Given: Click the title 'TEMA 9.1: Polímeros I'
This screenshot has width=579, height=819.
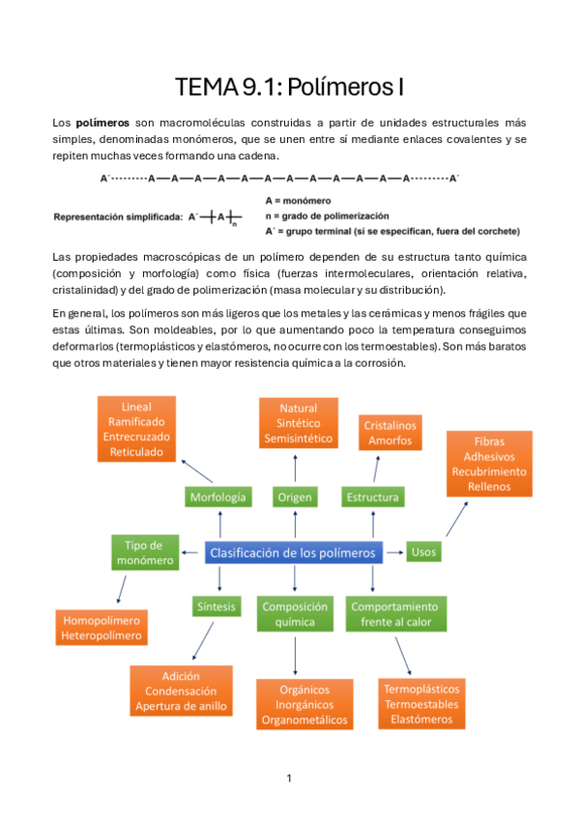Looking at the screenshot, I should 289,88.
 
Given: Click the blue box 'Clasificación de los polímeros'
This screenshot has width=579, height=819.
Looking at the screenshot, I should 293,553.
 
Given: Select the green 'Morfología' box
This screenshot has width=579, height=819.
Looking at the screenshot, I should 218,497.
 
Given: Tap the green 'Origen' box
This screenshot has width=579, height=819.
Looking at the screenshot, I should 295,497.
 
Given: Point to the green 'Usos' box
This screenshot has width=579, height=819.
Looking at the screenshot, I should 423,552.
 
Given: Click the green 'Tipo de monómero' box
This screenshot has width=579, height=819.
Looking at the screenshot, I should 144,552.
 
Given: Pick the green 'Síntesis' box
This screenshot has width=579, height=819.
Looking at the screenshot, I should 217,607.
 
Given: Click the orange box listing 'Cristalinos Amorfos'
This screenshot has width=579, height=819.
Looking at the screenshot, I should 390,433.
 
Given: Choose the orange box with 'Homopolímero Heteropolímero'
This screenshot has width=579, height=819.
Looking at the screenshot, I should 101,628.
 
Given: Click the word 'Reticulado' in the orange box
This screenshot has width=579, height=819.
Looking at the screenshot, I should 136,451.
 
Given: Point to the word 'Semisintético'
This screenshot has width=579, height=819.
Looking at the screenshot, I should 299,438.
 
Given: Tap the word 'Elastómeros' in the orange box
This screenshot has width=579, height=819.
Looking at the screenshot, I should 421,720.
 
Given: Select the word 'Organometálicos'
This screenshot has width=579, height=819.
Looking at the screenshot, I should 304,720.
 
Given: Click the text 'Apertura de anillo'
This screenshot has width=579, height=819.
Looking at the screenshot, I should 182,706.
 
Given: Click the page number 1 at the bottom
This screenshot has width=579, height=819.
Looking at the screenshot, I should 289,777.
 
